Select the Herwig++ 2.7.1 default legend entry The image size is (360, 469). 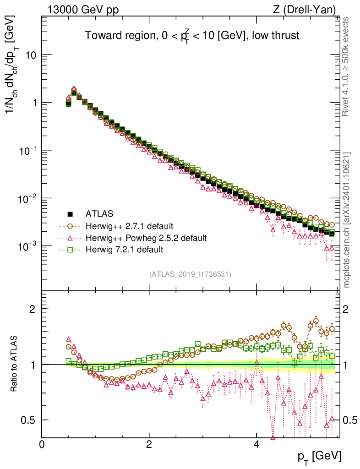point(129,226)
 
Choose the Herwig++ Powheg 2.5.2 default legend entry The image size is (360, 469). point(146,238)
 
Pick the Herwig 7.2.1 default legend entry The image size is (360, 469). point(125,250)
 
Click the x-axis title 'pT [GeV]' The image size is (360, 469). point(319,456)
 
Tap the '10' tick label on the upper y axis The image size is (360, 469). point(30,55)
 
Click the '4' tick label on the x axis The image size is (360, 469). point(256,445)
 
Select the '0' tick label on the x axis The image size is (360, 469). point(42,445)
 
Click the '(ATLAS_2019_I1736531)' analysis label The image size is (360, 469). point(190,274)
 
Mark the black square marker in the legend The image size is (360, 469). point(71,213)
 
